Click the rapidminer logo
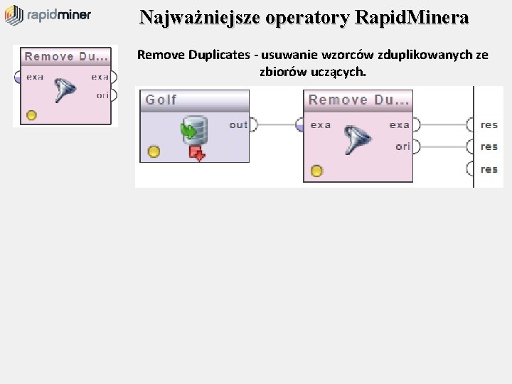point(48,14)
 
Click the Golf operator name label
point(161,100)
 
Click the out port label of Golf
point(238,125)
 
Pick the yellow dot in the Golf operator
point(154,151)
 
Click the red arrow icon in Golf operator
point(197,153)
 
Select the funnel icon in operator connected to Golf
point(356,140)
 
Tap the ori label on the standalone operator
point(102,94)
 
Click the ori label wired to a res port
point(403,146)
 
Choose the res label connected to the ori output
point(489,147)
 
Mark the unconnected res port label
point(489,169)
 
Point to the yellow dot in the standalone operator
point(31,115)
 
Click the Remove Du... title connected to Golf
point(358,100)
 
